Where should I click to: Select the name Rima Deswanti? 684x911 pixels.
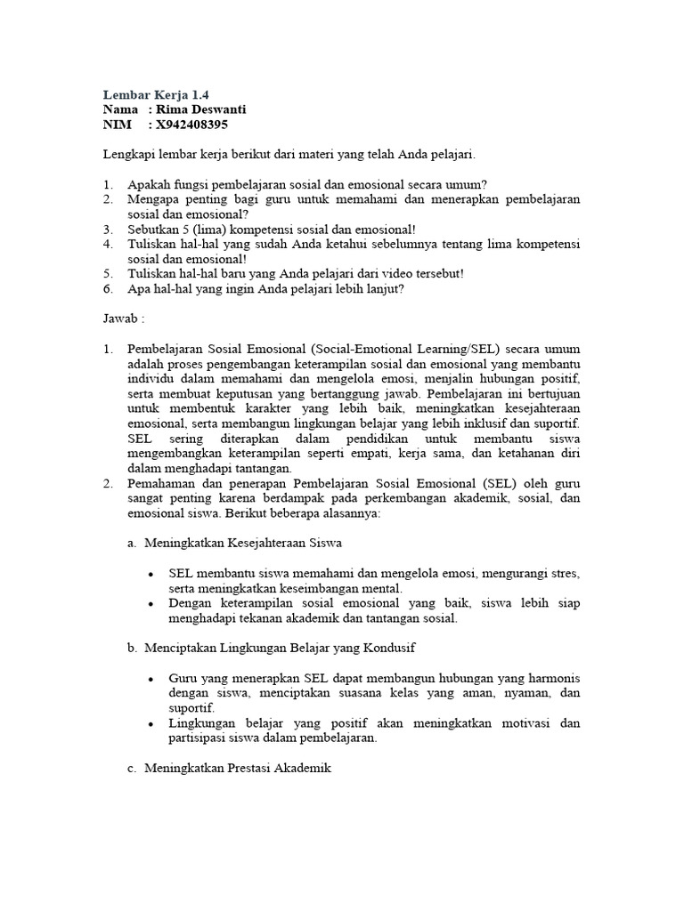[x=197, y=109]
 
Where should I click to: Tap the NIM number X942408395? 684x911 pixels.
[x=196, y=125]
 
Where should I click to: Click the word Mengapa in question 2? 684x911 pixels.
[x=154, y=199]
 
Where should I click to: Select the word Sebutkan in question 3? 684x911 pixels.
[x=154, y=229]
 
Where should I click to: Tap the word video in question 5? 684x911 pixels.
[x=373, y=272]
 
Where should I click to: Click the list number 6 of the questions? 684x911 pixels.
[x=107, y=287]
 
